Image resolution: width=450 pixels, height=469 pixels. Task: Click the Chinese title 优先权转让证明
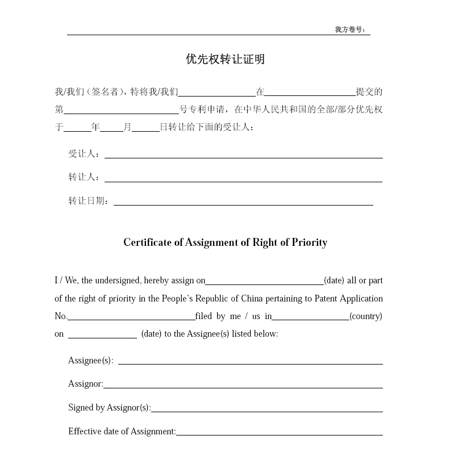pos(225,59)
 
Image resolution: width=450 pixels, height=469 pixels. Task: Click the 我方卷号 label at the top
pos(350,30)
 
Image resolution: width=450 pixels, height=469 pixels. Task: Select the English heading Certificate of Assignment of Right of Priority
pos(225,242)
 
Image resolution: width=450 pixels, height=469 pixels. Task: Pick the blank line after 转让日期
pos(243,203)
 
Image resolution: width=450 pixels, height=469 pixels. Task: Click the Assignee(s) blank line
pos(250,362)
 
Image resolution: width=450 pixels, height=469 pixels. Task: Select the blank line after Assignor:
pos(243,386)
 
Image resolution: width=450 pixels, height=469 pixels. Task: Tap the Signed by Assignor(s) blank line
pos(266,410)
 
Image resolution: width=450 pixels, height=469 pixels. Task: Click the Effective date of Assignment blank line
pos(279,433)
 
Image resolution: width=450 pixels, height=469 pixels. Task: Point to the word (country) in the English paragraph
pos(366,316)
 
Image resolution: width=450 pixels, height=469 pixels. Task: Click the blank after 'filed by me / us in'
pos(310,318)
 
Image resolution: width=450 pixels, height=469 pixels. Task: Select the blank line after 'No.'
pos(131,318)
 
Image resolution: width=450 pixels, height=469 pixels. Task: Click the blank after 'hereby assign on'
pos(264,282)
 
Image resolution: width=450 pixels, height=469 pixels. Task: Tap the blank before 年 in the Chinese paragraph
pos(77,129)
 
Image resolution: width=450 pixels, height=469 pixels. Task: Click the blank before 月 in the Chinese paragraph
pos(111,129)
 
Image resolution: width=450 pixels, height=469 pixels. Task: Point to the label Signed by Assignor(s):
pos(109,408)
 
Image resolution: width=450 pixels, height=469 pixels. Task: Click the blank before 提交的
pos(310,94)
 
